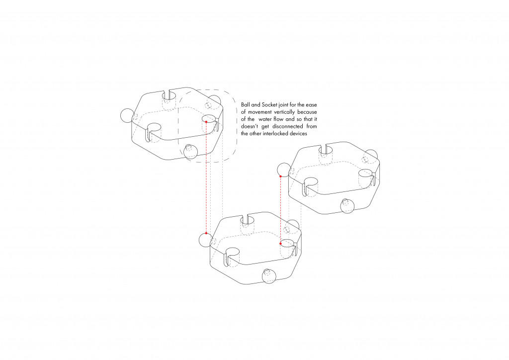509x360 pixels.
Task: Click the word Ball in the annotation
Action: click(245, 105)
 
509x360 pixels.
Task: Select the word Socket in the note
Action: click(270, 105)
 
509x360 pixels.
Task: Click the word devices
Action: click(299, 133)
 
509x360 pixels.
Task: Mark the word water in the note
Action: click(265, 119)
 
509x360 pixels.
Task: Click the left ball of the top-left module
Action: click(127, 115)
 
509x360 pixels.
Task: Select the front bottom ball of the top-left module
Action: click(190, 151)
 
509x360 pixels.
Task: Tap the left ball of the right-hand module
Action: click(284, 170)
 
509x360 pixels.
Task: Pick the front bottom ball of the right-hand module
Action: click(347, 206)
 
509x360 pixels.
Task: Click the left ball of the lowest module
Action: click(205, 240)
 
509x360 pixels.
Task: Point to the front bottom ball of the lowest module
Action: click(269, 276)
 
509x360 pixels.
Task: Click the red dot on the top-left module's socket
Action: click(206, 122)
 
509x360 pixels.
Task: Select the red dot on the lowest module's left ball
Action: click(206, 233)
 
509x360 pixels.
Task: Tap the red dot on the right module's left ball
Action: click(280, 176)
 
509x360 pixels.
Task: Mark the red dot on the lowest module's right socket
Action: click(280, 244)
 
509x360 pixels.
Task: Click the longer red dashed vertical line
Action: click(206, 178)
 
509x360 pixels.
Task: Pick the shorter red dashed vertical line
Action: click(280, 210)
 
